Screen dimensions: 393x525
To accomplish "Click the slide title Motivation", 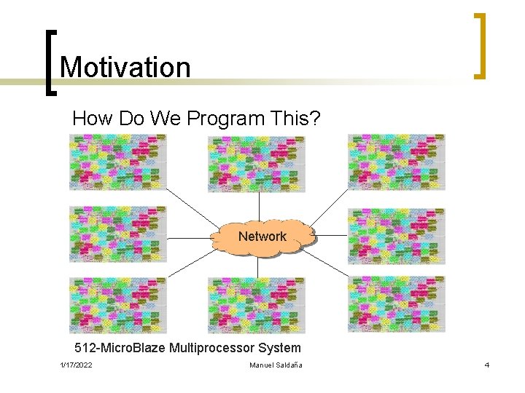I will tap(125, 67).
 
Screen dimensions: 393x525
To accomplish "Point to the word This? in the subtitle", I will tap(295, 119).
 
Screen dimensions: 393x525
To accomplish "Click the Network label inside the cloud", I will tap(262, 236).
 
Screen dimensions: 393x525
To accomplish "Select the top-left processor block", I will tap(117, 162).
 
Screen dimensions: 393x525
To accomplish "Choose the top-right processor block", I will tap(396, 162).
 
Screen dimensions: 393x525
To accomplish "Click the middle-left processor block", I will tap(117, 234).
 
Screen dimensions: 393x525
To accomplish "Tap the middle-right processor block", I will tap(396, 234).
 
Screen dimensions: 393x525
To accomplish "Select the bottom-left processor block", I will tap(117, 305).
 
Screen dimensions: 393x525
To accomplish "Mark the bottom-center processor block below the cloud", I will tap(256, 305).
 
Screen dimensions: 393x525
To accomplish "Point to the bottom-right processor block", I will tap(396, 305).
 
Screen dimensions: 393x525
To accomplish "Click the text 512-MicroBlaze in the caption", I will tap(120, 348).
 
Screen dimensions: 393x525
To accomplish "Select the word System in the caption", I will tap(281, 348).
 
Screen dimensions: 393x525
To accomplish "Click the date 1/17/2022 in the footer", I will tap(76, 365).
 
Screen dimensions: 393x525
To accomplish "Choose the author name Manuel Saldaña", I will tap(276, 365).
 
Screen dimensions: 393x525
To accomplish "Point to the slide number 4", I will tap(486, 365).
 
